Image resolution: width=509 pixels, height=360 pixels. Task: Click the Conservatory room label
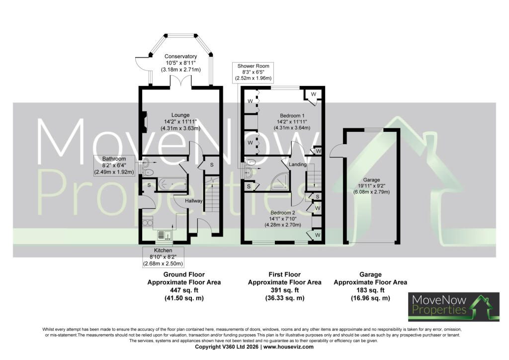pyautogui.click(x=180, y=57)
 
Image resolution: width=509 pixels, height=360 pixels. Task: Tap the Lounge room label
pyautogui.click(x=180, y=115)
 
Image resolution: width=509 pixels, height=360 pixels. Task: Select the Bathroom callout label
pyautogui.click(x=114, y=166)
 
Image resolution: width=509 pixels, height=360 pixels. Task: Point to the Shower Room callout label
pyautogui.click(x=253, y=72)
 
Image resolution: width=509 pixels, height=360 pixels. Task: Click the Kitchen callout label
pyautogui.click(x=163, y=257)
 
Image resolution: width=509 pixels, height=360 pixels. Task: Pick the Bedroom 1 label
pyautogui.click(x=292, y=115)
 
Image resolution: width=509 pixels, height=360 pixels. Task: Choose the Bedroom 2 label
pyautogui.click(x=283, y=213)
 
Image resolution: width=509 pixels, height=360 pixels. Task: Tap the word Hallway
pyautogui.click(x=194, y=201)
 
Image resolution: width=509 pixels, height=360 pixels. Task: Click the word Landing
pyautogui.click(x=298, y=165)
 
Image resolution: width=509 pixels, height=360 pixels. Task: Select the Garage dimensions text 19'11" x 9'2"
pyautogui.click(x=371, y=186)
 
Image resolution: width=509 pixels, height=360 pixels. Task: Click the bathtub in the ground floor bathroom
pyautogui.click(x=172, y=184)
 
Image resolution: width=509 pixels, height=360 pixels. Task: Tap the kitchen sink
pyautogui.click(x=165, y=235)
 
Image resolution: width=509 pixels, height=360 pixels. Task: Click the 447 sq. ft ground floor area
pyautogui.click(x=184, y=290)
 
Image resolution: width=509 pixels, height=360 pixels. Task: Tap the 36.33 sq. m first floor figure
pyautogui.click(x=285, y=298)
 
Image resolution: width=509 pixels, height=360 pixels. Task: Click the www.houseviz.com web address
pyautogui.click(x=289, y=347)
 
